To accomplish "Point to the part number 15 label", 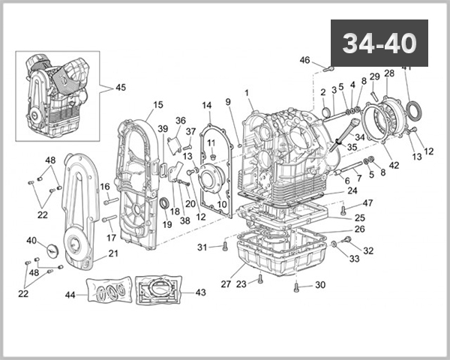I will [158, 105].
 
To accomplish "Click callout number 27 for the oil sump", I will [226, 283].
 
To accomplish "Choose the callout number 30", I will [320, 285].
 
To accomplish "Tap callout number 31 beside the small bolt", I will [202, 247].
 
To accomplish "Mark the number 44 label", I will [70, 295].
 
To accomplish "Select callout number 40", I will [31, 241].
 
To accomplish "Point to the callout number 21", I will [113, 253].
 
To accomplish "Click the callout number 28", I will [388, 73].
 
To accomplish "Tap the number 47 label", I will [367, 203].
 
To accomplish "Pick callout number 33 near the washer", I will [355, 259].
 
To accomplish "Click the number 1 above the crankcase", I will [246, 93].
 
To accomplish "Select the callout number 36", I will [180, 121].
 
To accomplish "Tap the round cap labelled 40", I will [52, 250].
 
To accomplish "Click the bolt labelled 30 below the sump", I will [298, 286].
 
